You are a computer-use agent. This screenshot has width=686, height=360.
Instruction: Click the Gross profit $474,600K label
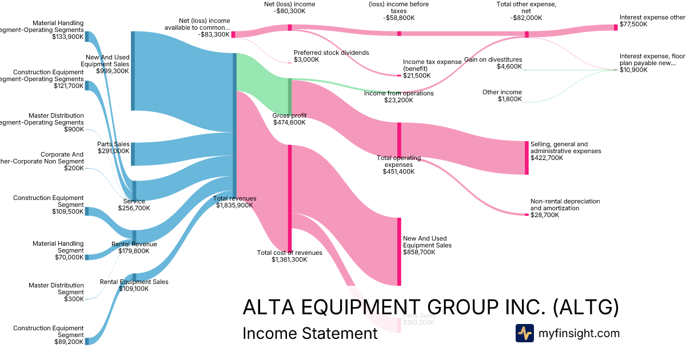[x=289, y=119]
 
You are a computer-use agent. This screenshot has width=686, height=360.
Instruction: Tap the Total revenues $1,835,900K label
[x=234, y=202]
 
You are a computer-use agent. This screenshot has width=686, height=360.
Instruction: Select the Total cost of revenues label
[x=289, y=256]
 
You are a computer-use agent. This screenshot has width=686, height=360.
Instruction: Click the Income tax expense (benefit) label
[x=432, y=69]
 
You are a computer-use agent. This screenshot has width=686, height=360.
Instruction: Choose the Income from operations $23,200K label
[x=398, y=97]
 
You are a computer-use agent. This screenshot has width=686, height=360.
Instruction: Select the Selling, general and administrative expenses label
[x=565, y=151]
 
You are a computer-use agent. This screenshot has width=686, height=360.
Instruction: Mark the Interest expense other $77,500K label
[x=652, y=21]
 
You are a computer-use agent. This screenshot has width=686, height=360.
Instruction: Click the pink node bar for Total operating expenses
[x=399, y=139]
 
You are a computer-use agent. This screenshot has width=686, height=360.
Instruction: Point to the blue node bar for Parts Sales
[x=133, y=154]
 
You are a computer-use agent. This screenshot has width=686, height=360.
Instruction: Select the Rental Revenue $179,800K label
[x=134, y=247]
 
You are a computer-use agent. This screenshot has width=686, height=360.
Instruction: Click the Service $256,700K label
[x=134, y=205]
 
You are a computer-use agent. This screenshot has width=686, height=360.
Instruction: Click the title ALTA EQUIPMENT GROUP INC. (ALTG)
[x=430, y=307]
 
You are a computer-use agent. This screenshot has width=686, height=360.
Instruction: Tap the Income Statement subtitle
[x=310, y=333]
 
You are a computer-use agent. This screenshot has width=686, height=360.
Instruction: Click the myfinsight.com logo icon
[x=524, y=333]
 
